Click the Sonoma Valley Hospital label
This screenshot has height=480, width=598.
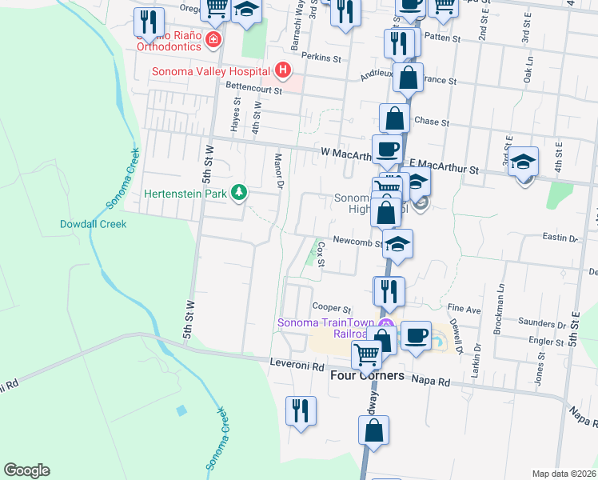click(x=212, y=71)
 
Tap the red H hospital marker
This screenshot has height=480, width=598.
click(x=281, y=71)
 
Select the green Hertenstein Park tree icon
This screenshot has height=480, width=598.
click(x=238, y=192)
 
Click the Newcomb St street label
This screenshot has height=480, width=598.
click(x=357, y=240)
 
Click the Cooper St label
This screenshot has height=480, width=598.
click(x=332, y=307)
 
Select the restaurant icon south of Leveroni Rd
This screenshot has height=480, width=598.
click(x=301, y=411)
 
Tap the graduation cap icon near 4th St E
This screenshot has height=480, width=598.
click(x=523, y=162)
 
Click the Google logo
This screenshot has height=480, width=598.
click(x=26, y=470)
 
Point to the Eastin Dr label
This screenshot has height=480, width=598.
click(x=560, y=238)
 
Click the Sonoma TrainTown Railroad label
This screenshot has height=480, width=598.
click(x=328, y=328)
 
